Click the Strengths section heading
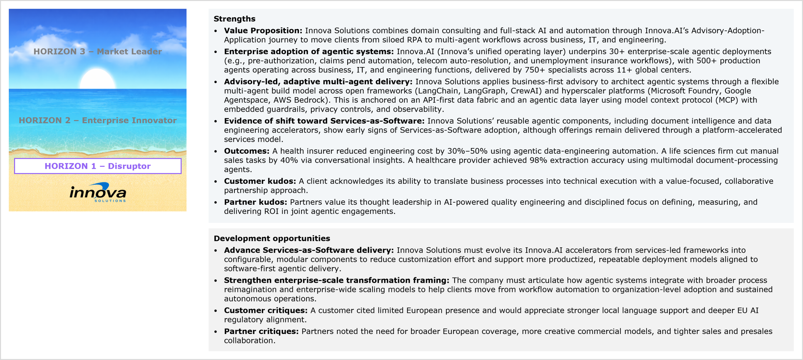(x=234, y=19)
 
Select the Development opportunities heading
(x=272, y=238)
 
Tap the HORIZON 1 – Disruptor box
(x=98, y=166)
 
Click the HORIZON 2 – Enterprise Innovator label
(x=98, y=120)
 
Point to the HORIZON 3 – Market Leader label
(x=98, y=51)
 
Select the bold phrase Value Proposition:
(x=263, y=30)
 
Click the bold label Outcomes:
(x=247, y=151)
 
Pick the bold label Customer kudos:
(x=260, y=181)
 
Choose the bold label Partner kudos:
(x=255, y=202)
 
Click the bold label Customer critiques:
(x=266, y=310)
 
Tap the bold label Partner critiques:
(x=261, y=331)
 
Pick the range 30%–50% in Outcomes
(x=467, y=151)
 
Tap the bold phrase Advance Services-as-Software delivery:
(x=309, y=250)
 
